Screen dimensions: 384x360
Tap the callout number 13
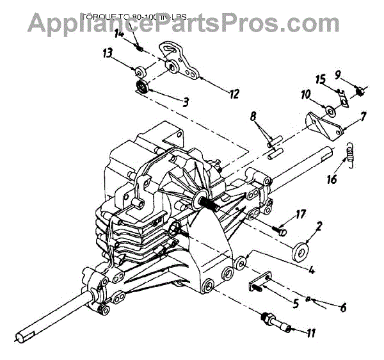pyautogui.click(x=107, y=54)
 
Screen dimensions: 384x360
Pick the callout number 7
pyautogui.click(x=363, y=117)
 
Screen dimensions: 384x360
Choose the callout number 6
pyautogui.click(x=343, y=307)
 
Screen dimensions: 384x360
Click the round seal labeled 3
pyautogui.click(x=141, y=88)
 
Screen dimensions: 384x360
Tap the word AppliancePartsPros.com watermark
pyautogui.click(x=191, y=22)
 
